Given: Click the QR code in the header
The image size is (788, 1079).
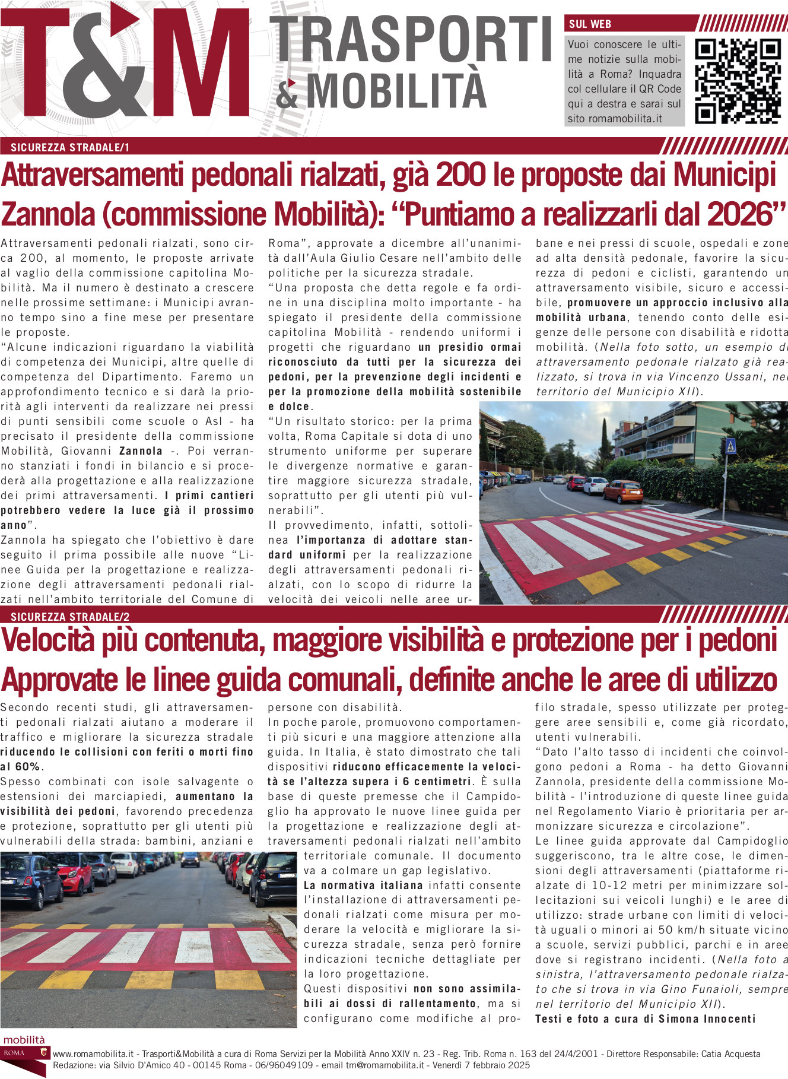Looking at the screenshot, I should [738, 81].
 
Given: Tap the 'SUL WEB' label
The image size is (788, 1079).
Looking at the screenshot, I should [590, 24].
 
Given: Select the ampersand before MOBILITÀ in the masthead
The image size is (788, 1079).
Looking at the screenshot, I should [287, 93].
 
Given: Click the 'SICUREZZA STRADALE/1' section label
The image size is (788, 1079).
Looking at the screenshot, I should [70, 148].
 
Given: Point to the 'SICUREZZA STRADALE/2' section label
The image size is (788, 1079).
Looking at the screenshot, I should [70, 617].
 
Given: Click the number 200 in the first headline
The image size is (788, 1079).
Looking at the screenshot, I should [456, 175].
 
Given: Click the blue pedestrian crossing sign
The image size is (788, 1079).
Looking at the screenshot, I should [731, 446].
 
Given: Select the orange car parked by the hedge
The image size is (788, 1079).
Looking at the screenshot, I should [622, 491].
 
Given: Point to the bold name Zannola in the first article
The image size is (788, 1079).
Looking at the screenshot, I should [141, 451].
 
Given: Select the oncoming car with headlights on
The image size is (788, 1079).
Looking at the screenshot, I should [190, 859].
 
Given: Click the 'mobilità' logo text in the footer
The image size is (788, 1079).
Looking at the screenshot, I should [24, 1040].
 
